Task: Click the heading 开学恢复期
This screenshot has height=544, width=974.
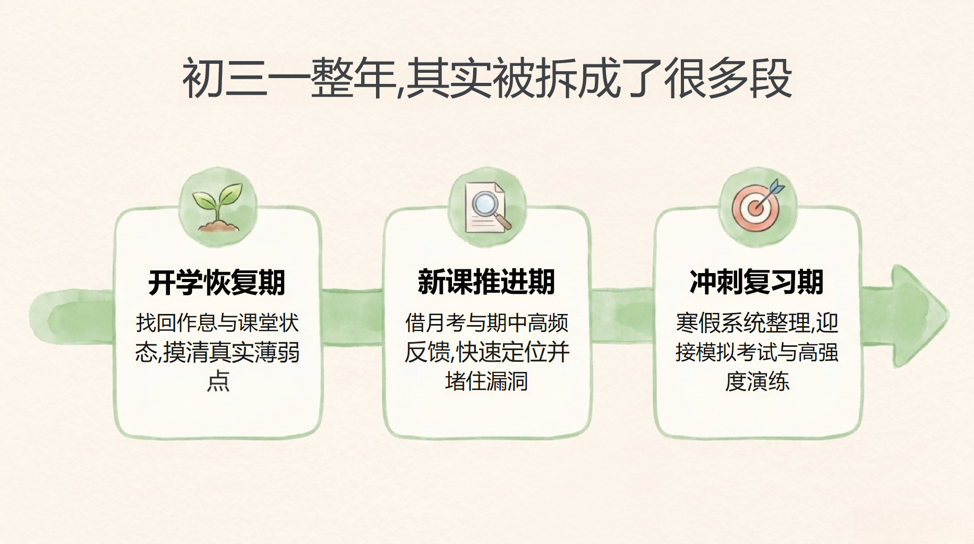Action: [x=217, y=282]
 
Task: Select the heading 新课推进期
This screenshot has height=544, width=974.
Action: [x=486, y=282]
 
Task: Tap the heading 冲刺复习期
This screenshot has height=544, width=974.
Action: [x=757, y=282]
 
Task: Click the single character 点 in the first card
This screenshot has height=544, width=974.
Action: [x=218, y=381]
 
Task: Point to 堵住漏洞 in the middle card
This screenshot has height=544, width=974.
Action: [x=486, y=381]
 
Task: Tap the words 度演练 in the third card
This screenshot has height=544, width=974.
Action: [x=757, y=381]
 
